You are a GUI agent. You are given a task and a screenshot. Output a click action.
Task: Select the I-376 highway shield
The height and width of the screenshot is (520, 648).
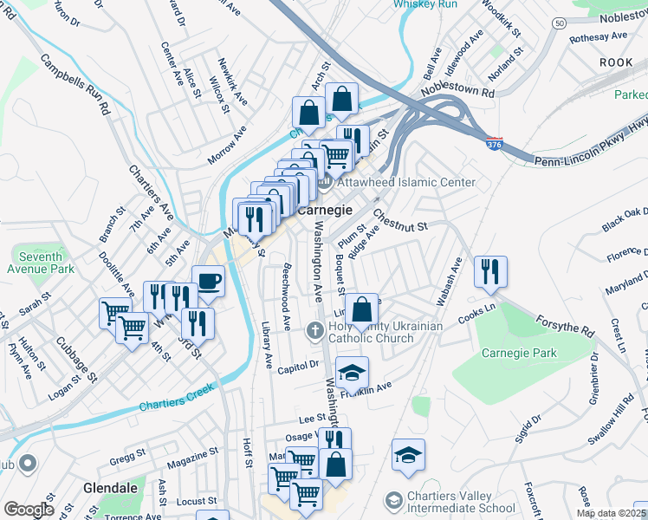click(494, 141)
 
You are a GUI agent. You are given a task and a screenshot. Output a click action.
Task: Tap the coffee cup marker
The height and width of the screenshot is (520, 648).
click(208, 281)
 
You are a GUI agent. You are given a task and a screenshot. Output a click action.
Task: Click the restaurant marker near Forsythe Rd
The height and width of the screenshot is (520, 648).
click(490, 271)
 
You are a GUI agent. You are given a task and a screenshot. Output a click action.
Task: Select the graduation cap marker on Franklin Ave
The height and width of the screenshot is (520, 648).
click(352, 373)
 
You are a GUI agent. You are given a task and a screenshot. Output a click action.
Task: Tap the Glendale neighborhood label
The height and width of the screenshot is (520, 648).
click(110, 488)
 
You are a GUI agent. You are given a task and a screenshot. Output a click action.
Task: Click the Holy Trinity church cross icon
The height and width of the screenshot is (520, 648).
click(317, 327)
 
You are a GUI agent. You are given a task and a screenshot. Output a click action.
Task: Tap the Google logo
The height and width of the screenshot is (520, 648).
click(29, 510)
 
